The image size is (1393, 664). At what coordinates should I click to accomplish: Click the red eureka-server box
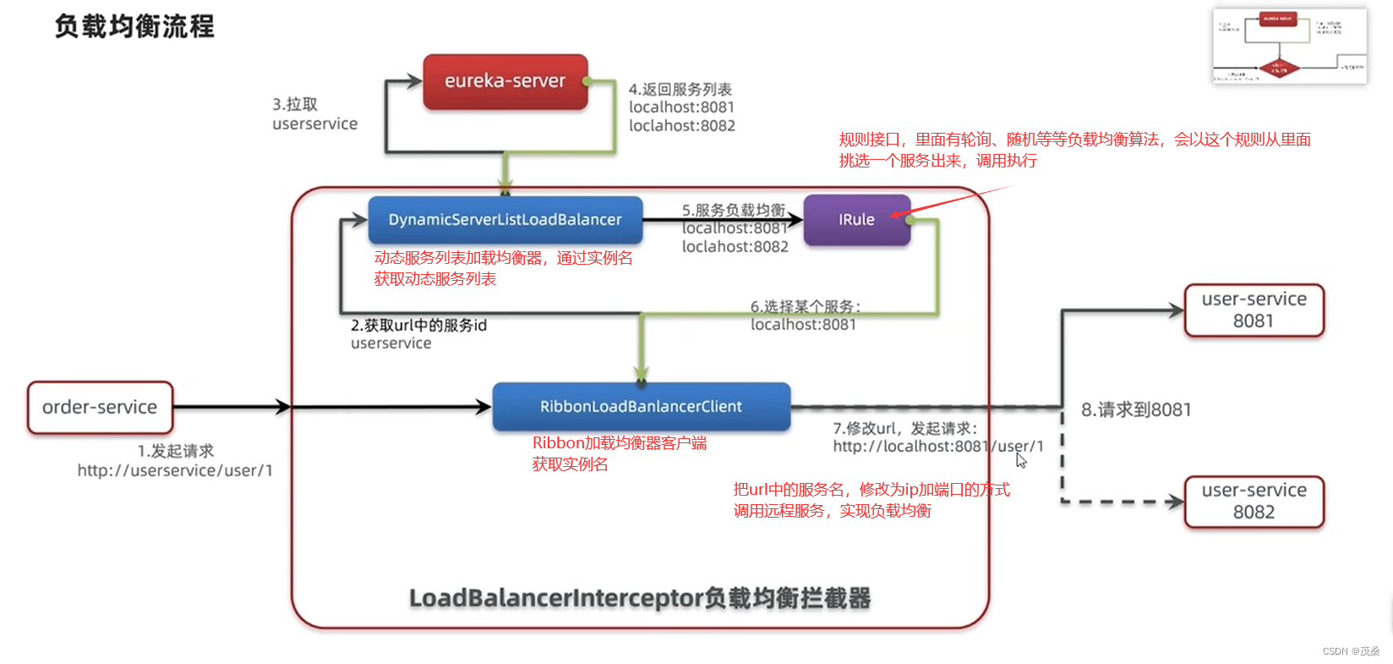tap(505, 82)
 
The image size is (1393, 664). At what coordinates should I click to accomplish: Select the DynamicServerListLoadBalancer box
tap(505, 220)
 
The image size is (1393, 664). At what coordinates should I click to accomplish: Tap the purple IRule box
tap(856, 220)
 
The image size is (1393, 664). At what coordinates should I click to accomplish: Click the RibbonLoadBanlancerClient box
tap(641, 407)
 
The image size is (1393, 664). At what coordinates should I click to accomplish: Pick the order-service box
tap(100, 408)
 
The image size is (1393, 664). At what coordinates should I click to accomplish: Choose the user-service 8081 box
tap(1254, 310)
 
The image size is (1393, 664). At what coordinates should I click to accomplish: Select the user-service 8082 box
tap(1254, 502)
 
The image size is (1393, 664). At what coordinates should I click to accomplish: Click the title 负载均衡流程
tap(134, 27)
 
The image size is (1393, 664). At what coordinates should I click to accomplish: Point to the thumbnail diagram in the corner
tap(1289, 46)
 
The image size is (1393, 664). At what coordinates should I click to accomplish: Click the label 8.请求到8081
tap(1135, 410)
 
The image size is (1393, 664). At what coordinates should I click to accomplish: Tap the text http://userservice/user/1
tap(175, 471)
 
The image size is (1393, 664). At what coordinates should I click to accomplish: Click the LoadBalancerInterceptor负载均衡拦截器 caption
tap(640, 598)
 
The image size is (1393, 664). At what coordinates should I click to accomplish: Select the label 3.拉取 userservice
tap(314, 114)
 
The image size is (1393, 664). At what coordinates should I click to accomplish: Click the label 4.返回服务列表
tap(680, 90)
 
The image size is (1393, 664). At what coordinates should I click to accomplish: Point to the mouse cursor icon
tap(1021, 460)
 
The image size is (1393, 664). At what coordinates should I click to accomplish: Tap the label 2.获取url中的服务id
tap(418, 326)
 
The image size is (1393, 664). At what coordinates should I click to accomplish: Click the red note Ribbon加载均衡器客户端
tap(619, 443)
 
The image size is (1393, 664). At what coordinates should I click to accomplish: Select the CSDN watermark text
tap(1350, 651)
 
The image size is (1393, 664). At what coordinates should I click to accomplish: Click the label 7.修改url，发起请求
tap(905, 429)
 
